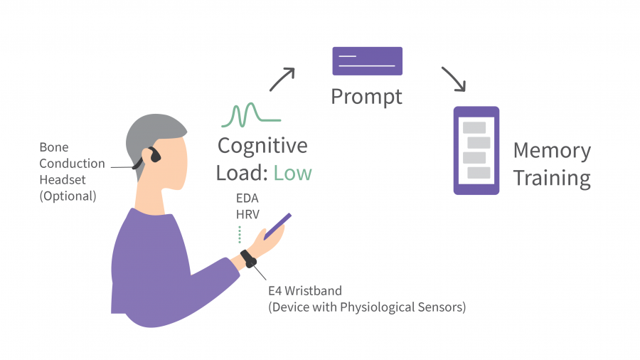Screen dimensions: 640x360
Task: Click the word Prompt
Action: click(x=366, y=97)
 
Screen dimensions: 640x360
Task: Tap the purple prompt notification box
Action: click(x=368, y=61)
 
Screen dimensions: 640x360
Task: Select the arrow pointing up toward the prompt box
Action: click(x=282, y=79)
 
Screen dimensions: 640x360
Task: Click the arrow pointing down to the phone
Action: click(x=454, y=79)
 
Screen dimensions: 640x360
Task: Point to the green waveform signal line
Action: click(x=250, y=115)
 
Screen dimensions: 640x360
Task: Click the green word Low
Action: click(x=293, y=173)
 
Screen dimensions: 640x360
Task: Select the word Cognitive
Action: click(x=262, y=146)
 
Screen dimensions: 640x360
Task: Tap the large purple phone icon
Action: click(x=476, y=151)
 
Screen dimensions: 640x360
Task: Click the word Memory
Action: click(x=552, y=151)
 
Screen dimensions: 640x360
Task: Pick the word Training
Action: click(x=552, y=179)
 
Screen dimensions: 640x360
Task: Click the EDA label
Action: click(x=247, y=198)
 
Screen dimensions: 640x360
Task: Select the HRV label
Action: click(x=247, y=214)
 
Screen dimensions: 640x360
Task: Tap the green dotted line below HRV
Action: click(x=240, y=235)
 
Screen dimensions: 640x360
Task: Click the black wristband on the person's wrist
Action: click(x=248, y=259)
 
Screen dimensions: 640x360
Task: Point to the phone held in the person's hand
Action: click(x=277, y=226)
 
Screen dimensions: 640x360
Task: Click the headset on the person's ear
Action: click(x=149, y=157)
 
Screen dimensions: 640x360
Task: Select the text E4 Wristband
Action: click(x=305, y=291)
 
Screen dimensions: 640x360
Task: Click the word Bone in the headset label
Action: click(x=54, y=147)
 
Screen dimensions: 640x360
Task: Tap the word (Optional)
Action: click(x=68, y=196)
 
